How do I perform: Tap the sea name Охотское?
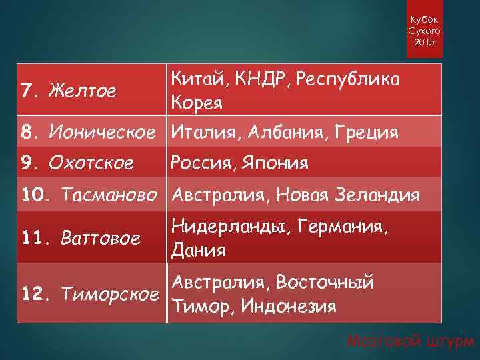pyautogui.click(x=97, y=162)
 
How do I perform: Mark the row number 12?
pyautogui.click(x=33, y=293)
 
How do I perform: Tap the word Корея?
pyautogui.click(x=197, y=103)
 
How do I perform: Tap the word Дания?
pyautogui.click(x=199, y=250)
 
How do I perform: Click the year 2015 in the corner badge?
pyautogui.click(x=423, y=43)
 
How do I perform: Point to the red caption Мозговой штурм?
pyautogui.click(x=409, y=342)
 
